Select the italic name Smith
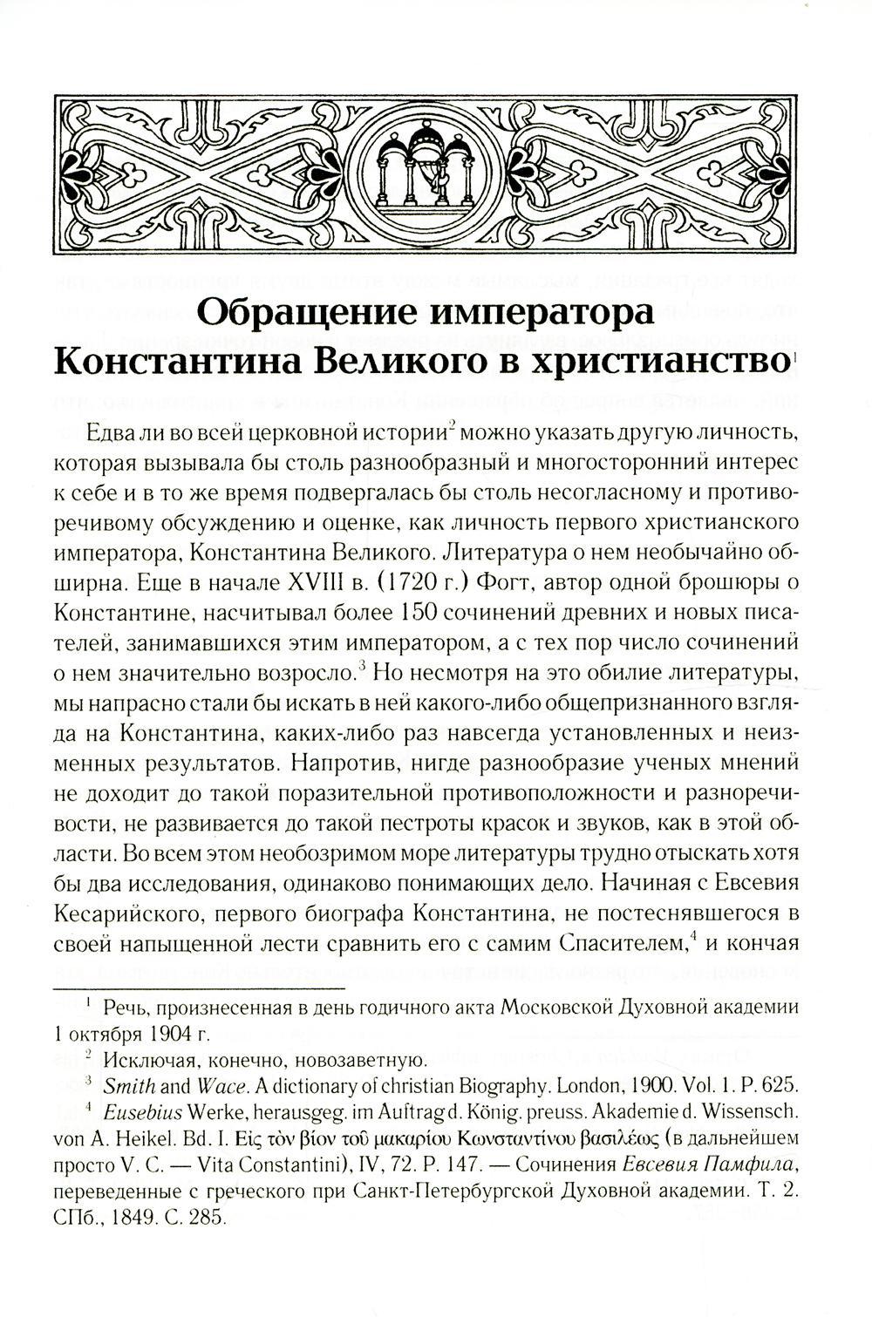pyautogui.click(x=126, y=1086)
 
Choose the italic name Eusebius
pyautogui.click(x=140, y=1112)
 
